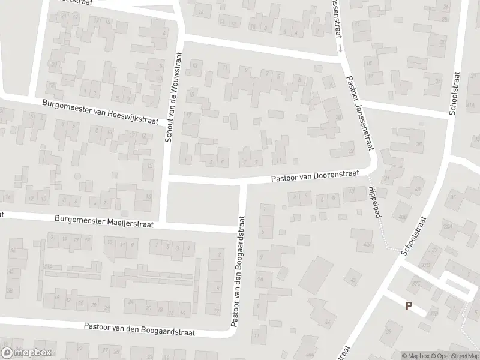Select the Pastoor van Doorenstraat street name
pyautogui.click(x=315, y=175)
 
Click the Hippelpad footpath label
pyautogui.click(x=374, y=200)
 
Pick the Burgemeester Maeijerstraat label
pyautogui.click(x=104, y=222)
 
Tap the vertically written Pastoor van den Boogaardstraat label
pyautogui.click(x=238, y=273)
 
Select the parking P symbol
pyautogui.click(x=409, y=305)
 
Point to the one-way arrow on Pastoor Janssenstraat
pyautogui.click(x=339, y=46)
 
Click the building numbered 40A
pyautogui.click(x=368, y=244)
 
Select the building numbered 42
pyautogui.click(x=353, y=280)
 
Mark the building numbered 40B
pyautogui.click(x=402, y=217)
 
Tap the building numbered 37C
pyautogui.click(x=415, y=284)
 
